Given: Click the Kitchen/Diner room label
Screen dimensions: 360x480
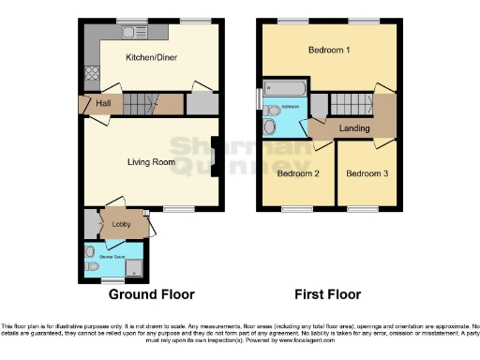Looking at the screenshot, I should (x=152, y=57).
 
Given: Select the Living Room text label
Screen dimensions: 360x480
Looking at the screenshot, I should (x=152, y=162).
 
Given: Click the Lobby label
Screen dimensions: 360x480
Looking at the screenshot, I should (x=122, y=224).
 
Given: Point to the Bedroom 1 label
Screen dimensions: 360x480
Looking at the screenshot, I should (x=329, y=50).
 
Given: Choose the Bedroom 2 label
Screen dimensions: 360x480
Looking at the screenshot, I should (x=298, y=173).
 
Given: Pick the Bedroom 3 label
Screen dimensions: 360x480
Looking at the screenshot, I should (x=367, y=173).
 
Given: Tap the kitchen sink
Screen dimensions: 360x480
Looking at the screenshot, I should (x=129, y=33).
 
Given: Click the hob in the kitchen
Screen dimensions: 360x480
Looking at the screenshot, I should (x=92, y=71).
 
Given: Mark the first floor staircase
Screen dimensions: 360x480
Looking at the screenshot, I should (x=352, y=103).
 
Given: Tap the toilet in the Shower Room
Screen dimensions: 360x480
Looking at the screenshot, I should (x=92, y=266).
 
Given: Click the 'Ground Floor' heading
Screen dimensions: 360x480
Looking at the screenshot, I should (x=152, y=294).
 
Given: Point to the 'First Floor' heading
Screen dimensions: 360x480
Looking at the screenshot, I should (x=328, y=294).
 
